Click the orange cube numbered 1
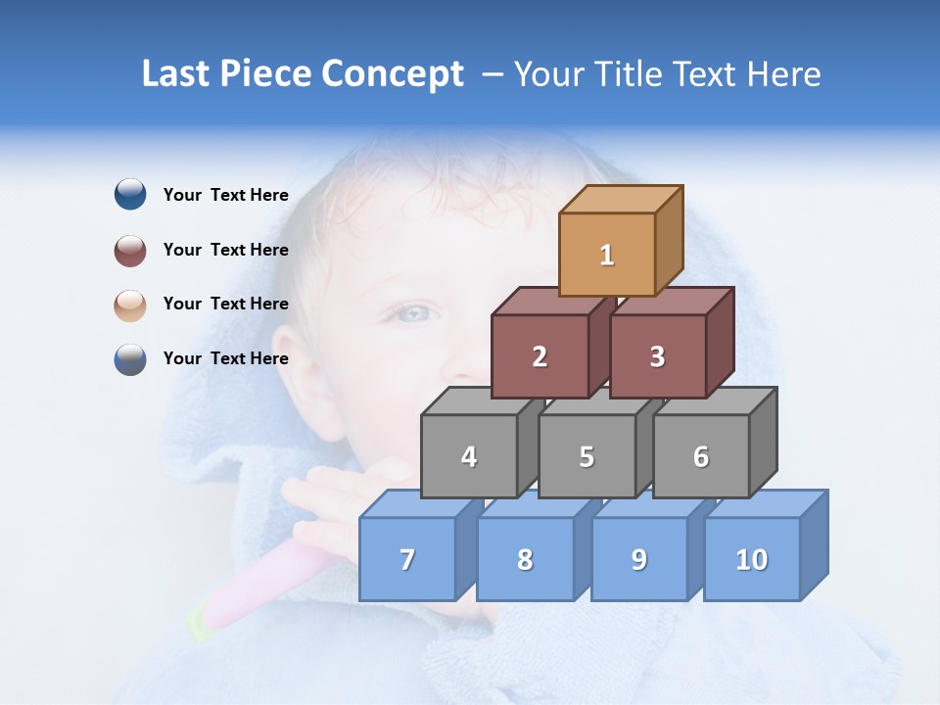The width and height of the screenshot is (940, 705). point(606,255)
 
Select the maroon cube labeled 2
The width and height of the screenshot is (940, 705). point(540,356)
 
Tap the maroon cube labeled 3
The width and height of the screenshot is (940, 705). point(657,356)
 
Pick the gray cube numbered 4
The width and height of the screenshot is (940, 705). point(469,456)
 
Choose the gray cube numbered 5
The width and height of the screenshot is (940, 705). point(587,456)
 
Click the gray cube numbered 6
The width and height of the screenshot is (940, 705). point(701,456)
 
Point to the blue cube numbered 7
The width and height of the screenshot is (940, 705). point(407,559)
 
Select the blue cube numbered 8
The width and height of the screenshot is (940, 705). point(525,559)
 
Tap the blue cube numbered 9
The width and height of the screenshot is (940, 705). point(638,559)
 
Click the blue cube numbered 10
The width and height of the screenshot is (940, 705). point(751,559)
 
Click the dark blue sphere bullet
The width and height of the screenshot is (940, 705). point(130,195)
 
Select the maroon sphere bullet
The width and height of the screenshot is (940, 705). point(130,250)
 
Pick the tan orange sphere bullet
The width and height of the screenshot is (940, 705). point(130,305)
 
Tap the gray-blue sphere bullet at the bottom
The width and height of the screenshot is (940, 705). point(130,359)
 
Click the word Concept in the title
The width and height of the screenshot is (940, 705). point(392,74)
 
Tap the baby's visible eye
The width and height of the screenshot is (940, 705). point(414,313)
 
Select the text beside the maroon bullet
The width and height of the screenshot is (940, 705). point(225,250)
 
